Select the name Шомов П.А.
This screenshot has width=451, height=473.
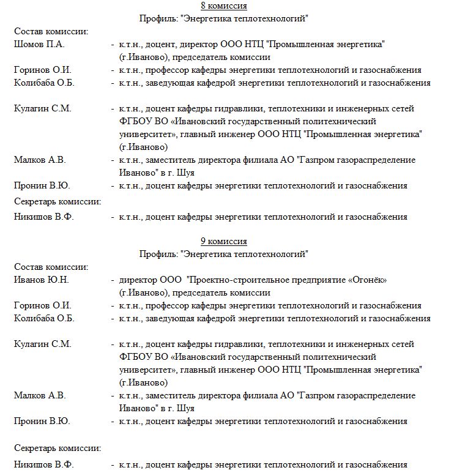[39, 44]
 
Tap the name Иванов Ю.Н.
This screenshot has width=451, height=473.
[41, 280]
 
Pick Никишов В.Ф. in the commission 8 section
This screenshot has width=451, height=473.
[43, 216]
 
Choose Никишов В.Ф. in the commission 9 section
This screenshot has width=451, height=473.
[43, 465]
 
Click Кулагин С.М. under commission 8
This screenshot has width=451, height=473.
[42, 108]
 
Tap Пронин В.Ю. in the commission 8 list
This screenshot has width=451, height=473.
[42, 185]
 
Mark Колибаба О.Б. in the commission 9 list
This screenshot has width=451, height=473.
[44, 318]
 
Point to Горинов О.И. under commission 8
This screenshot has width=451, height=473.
[42, 70]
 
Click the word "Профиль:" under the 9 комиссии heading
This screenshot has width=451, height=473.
[157, 253]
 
